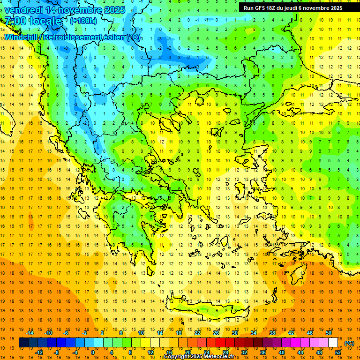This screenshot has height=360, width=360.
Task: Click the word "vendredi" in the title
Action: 24,10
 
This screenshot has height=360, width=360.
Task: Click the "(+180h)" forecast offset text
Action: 83,21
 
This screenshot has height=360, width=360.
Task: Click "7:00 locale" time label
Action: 33,21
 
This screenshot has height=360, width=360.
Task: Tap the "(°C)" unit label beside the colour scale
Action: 349,343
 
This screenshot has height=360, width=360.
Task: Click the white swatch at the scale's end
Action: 333,343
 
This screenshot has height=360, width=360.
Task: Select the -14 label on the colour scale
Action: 30,333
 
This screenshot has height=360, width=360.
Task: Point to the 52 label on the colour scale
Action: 338,352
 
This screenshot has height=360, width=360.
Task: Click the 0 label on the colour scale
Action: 92,352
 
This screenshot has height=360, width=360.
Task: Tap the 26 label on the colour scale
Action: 216,333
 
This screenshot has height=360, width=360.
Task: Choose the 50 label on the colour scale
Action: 329,333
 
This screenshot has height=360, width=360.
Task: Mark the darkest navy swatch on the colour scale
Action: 23,343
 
